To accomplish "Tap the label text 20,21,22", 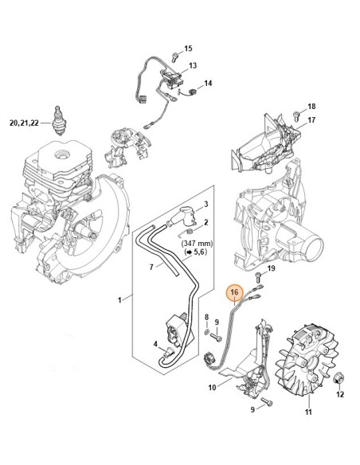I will (23, 123).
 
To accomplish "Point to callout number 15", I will (189, 49).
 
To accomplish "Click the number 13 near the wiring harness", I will (192, 65).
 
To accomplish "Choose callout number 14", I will (208, 84).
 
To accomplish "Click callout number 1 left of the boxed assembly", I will (119, 299).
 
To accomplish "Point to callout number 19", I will (270, 270).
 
